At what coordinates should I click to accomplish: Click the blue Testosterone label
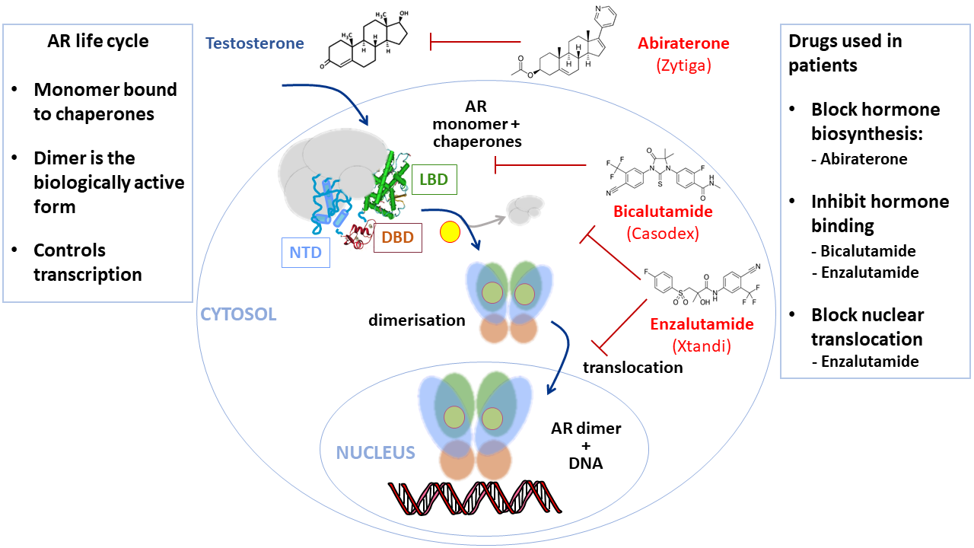tap(255, 43)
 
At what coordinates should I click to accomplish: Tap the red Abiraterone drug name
tap(683, 43)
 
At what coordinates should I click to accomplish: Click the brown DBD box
tap(398, 237)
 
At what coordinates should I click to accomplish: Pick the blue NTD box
tap(306, 252)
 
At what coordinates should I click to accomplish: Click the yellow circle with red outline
tap(450, 232)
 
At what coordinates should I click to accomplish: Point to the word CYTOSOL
tap(238, 313)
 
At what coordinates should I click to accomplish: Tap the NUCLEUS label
tap(375, 453)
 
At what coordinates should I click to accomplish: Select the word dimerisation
tap(416, 320)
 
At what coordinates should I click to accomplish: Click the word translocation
tap(632, 367)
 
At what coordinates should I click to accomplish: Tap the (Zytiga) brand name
tap(683, 65)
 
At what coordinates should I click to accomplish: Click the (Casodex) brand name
tap(662, 233)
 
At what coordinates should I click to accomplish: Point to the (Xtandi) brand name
tap(701, 346)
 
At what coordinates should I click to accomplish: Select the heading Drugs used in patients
tap(845, 53)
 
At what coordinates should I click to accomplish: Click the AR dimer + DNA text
tap(586, 445)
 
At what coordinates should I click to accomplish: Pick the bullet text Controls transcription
tap(88, 262)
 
